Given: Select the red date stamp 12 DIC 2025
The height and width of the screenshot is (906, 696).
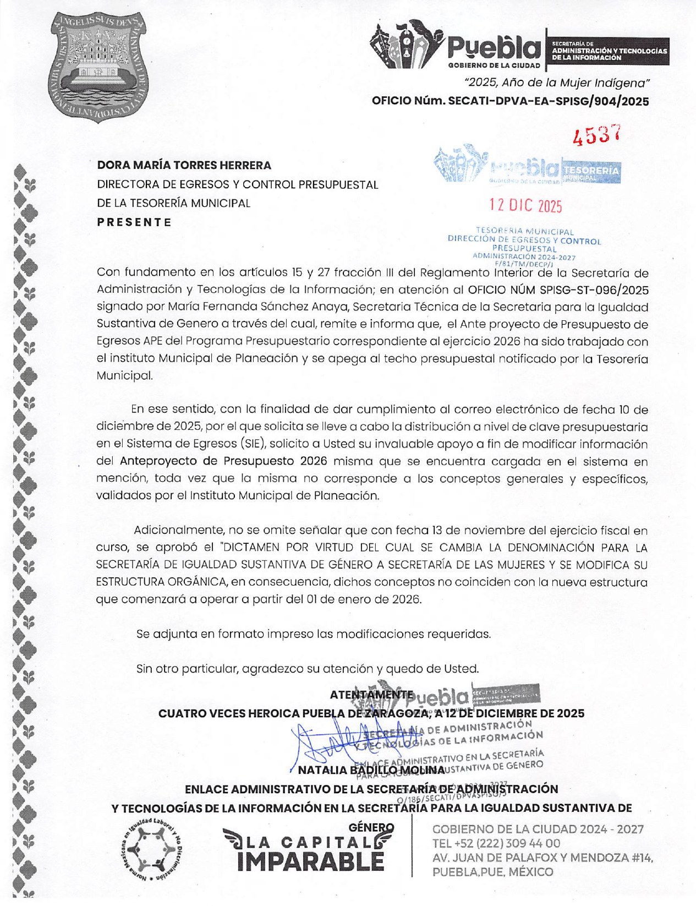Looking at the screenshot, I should (526, 206).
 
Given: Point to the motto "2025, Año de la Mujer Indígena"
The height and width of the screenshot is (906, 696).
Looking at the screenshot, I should (557, 83).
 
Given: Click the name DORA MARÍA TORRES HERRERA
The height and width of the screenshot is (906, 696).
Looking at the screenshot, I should (184, 165).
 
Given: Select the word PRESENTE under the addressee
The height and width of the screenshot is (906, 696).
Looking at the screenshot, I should (135, 222).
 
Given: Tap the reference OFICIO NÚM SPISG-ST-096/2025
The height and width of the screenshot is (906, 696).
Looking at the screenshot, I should (558, 290).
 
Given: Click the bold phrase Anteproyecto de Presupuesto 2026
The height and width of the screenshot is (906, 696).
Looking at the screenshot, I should (223, 461).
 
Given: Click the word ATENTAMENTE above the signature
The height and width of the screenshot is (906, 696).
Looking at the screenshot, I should (371, 695).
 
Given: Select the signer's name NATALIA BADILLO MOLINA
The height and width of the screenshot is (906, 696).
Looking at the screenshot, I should (371, 769).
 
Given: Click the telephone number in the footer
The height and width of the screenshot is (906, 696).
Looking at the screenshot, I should (496, 843).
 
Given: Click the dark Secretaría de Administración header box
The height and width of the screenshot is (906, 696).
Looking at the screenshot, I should (609, 51).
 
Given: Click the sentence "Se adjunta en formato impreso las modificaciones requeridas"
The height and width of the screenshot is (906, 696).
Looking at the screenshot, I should (314, 634).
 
